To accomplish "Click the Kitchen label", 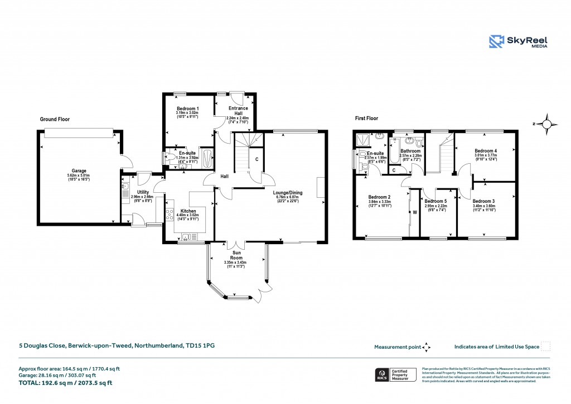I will tap(187, 211).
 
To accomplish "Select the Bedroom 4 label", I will tap(485, 151).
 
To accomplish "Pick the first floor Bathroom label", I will tap(410, 151).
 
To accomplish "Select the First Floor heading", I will tap(366, 118).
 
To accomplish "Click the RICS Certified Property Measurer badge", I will tap(395, 374).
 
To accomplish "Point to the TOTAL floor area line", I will tap(66, 383).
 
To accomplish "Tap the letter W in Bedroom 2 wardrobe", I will tap(415, 212).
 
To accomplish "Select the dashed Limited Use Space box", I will tap(546, 346).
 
